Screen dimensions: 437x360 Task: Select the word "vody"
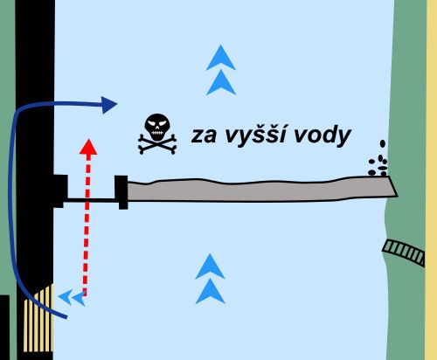tap(322, 135)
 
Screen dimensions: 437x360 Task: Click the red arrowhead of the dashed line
tap(88, 148)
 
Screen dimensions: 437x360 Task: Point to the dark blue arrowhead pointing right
tap(109, 105)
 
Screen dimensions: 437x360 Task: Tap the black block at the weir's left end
tap(121, 192)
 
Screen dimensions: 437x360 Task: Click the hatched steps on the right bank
tap(404, 253)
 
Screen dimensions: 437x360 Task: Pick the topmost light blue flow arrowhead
tap(221, 58)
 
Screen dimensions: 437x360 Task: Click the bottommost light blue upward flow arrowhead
tap(211, 291)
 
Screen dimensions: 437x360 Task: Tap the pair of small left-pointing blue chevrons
tap(72, 298)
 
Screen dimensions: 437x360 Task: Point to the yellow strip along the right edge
tap(432, 180)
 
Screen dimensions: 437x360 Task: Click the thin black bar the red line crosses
tap(89, 200)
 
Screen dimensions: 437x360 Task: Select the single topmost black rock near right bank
tap(383, 143)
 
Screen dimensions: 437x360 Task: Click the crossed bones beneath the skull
tap(157, 144)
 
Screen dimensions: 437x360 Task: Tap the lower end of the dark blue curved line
tap(66, 317)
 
